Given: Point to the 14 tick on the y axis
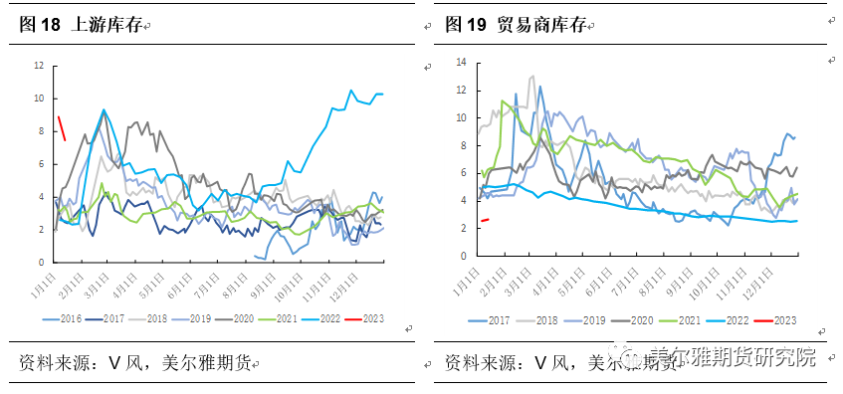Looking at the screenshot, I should [x=461, y=63].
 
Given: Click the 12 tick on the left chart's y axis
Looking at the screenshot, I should [x=38, y=66].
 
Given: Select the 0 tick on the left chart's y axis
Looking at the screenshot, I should [x=40, y=262].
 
